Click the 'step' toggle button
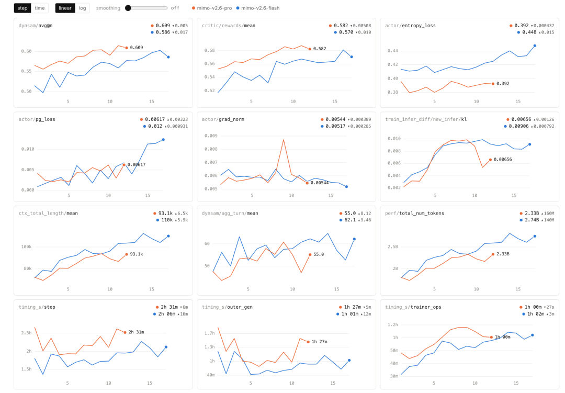[22, 8]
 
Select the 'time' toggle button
[40, 8]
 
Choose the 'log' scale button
[83, 8]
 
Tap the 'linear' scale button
[65, 8]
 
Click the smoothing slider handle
[128, 8]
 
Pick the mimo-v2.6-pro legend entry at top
[212, 8]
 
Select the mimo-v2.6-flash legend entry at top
[258, 8]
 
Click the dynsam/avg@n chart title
[36, 26]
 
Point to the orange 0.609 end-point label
[137, 48]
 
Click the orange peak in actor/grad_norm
[284, 140]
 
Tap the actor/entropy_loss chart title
[411, 26]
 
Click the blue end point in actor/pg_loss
[163, 140]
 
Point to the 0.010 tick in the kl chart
[394, 139]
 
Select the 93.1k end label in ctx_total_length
[137, 254]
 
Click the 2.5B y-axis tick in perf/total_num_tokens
[393, 246]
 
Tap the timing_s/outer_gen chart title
[227, 307]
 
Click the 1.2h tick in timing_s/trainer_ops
[393, 324]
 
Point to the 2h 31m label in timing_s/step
[136, 332]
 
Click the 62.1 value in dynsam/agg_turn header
[350, 220]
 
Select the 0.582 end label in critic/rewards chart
[320, 49]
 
